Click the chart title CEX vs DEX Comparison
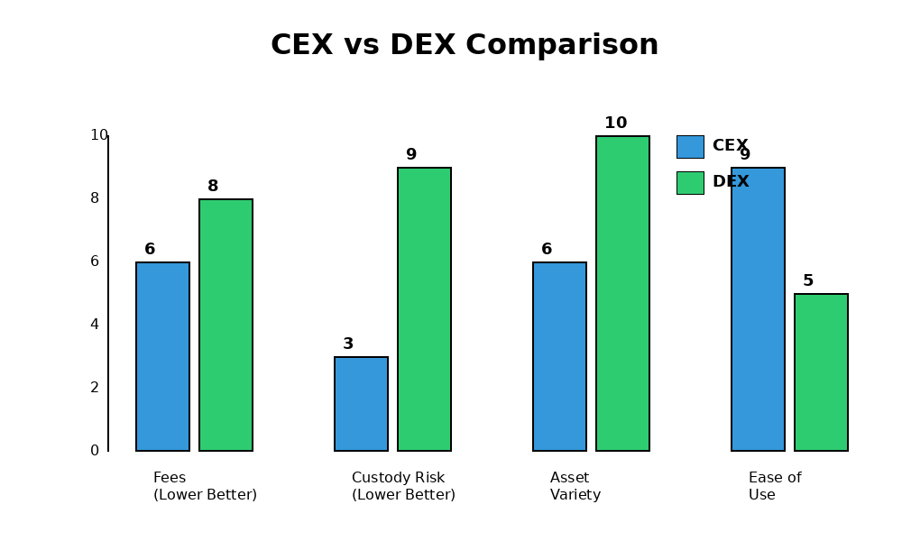coord(465,45)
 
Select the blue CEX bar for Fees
coord(162,356)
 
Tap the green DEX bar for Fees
coord(225,325)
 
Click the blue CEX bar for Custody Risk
coord(361,404)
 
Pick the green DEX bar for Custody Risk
coord(424,309)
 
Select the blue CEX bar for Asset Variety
coord(559,356)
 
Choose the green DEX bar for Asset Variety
coord(622,293)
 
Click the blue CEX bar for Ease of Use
coord(758,309)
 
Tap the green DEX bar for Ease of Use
coord(821,372)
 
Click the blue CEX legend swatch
coord(690,147)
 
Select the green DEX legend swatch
coord(690,183)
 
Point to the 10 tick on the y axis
coord(98,135)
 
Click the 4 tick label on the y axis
coord(94,325)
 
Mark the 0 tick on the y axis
coord(94,451)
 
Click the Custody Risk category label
coord(403,486)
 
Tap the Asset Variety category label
coord(575,486)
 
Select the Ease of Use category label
coord(775,486)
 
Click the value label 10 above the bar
coord(615,124)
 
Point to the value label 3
coord(348,344)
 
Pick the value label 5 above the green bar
coord(808,281)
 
